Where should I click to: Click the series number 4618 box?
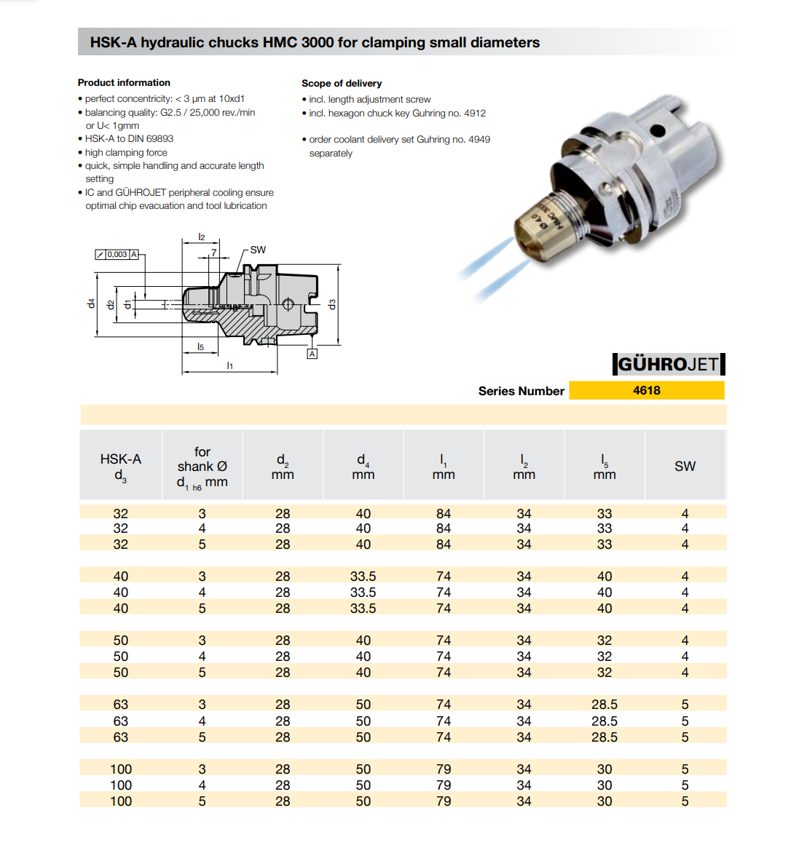coord(646,391)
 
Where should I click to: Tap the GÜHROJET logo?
coord(668,364)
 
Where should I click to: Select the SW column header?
coord(685,467)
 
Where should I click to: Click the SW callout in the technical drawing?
coord(258,250)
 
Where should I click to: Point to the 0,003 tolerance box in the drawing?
coord(117,255)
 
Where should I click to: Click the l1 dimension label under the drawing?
coord(230,365)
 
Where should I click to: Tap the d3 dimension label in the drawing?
coord(332,304)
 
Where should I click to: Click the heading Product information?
coord(124,83)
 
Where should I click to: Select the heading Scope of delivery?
coord(342,84)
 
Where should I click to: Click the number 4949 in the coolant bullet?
coord(479,140)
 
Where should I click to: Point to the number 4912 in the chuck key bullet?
coord(475,114)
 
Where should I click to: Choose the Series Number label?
coord(521,392)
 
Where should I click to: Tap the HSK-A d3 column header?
coord(121,467)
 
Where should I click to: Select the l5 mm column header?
coord(605,467)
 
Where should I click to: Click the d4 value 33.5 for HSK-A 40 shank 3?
coord(363,576)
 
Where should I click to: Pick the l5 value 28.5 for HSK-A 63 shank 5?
coord(605,737)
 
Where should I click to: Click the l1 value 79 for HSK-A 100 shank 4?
coord(444,785)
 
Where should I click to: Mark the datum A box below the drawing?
coord(312,354)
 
